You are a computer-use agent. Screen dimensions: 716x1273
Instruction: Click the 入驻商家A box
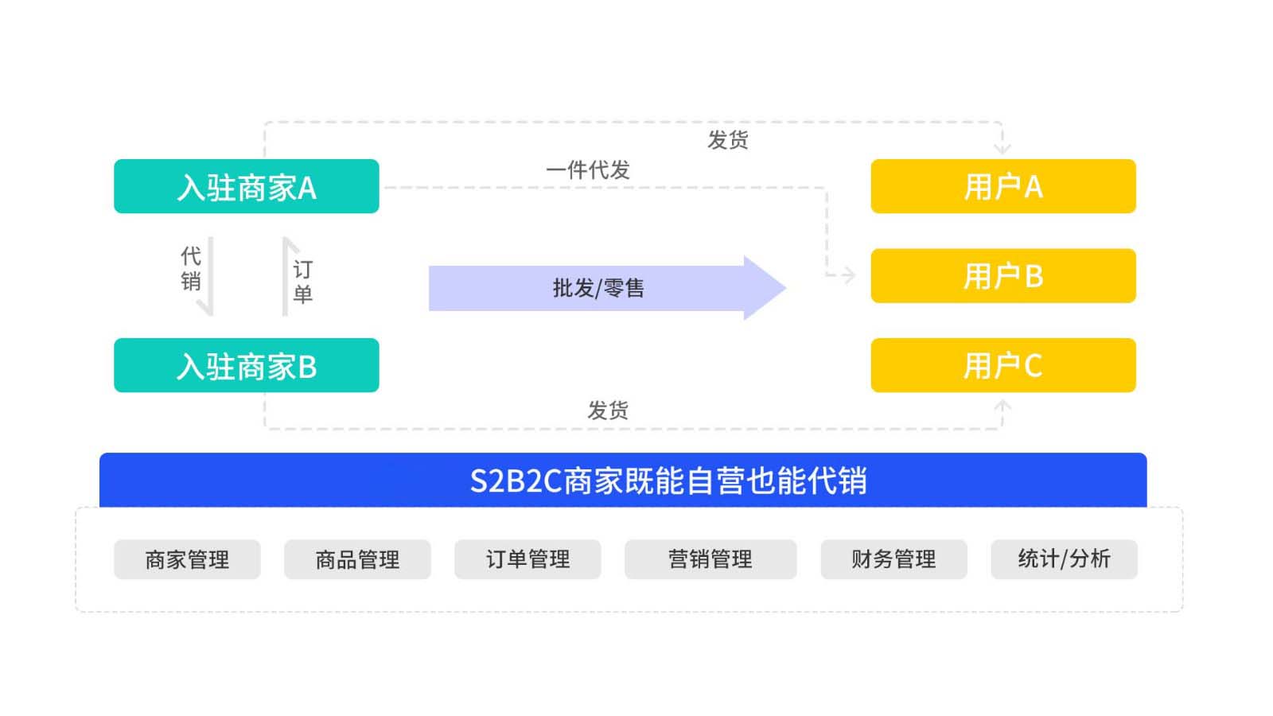[x=246, y=186]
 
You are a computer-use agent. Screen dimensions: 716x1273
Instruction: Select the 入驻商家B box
[x=246, y=365]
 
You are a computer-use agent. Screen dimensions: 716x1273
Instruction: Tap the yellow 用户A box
[x=1002, y=186]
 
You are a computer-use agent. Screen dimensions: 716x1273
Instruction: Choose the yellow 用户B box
[x=1002, y=275]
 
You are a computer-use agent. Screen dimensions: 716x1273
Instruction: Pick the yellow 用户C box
[x=1002, y=365]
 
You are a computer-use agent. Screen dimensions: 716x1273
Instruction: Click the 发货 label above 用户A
[x=727, y=140]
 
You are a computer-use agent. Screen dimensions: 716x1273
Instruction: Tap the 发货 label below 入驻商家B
[x=608, y=411]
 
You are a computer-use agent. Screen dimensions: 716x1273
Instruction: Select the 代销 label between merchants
[x=191, y=268]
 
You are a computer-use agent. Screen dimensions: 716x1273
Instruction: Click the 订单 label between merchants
[x=302, y=281]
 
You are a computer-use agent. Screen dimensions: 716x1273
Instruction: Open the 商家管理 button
[x=187, y=559]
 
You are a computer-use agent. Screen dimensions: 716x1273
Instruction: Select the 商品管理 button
[x=357, y=559]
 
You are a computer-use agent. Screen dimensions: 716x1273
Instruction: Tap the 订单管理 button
[x=527, y=559]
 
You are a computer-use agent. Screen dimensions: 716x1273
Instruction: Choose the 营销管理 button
[x=710, y=559]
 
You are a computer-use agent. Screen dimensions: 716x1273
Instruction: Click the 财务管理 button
[x=893, y=559]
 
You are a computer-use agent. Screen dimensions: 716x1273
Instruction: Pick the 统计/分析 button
[x=1064, y=559]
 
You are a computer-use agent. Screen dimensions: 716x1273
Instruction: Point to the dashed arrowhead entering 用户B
[x=850, y=275]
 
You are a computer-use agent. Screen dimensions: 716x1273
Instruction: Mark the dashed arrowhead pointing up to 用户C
[x=1002, y=406]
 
